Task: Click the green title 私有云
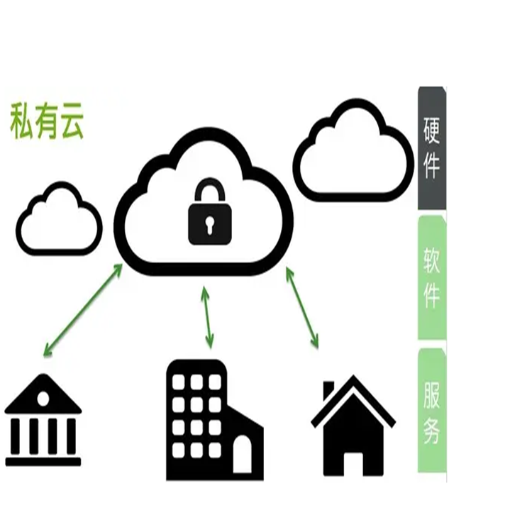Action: pyautogui.click(x=47, y=121)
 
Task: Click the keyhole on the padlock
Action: pyautogui.click(x=209, y=226)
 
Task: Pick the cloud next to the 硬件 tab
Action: pyautogui.click(x=353, y=152)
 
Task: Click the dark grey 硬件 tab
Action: pyautogui.click(x=431, y=148)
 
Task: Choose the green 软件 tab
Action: pyautogui.click(x=431, y=277)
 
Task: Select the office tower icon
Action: pyautogui.click(x=206, y=419)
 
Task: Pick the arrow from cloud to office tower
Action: pyautogui.click(x=208, y=317)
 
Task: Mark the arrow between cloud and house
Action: pyautogui.click(x=302, y=307)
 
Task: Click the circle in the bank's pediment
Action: pyautogui.click(x=43, y=399)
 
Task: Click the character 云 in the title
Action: pyautogui.click(x=72, y=122)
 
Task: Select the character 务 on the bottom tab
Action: pyautogui.click(x=431, y=432)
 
